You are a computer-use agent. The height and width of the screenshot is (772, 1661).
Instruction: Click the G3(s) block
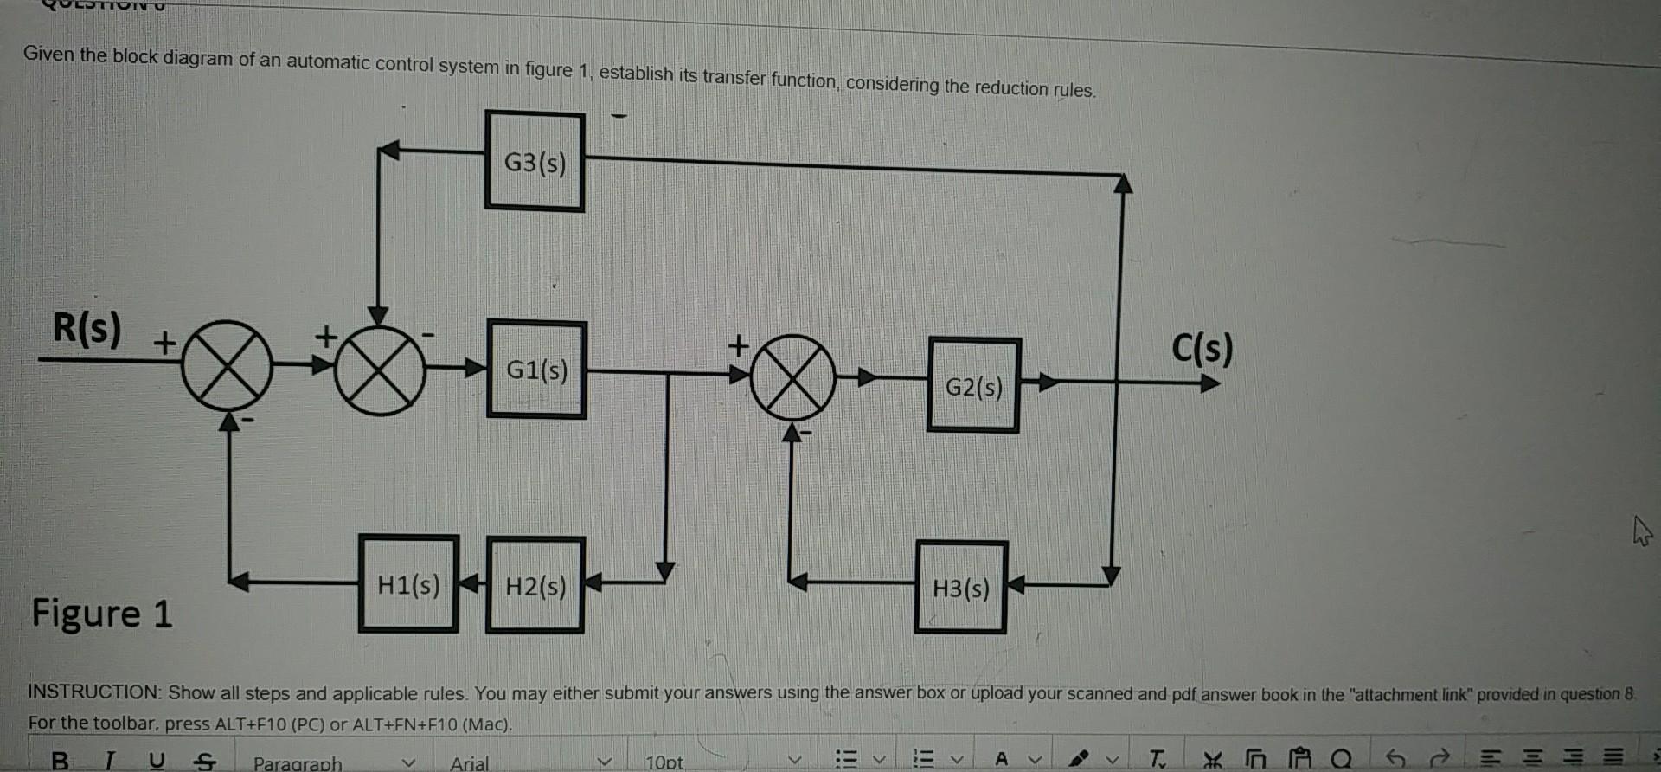pyautogui.click(x=535, y=161)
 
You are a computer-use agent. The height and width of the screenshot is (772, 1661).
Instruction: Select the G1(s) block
pyautogui.click(x=536, y=370)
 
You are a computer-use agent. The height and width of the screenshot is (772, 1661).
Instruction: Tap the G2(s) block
pyautogui.click(x=974, y=386)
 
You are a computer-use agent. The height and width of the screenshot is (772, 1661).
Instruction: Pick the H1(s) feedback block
pyautogui.click(x=408, y=585)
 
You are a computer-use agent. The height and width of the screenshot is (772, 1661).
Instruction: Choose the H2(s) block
pyautogui.click(x=535, y=586)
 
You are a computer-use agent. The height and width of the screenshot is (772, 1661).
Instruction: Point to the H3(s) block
pyautogui.click(x=961, y=589)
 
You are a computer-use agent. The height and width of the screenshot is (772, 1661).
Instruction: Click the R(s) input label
pyautogui.click(x=87, y=328)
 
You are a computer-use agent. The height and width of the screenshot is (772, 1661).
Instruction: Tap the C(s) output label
pyautogui.click(x=1202, y=348)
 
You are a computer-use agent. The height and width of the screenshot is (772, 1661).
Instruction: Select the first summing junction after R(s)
pyautogui.click(x=227, y=365)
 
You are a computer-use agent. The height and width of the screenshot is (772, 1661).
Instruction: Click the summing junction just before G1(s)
pyautogui.click(x=380, y=370)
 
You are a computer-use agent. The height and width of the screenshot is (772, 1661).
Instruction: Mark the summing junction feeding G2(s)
pyautogui.click(x=792, y=377)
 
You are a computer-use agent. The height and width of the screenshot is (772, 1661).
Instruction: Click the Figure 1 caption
pyautogui.click(x=102, y=614)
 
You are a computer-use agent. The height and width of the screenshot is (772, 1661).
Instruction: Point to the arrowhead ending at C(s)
pyautogui.click(x=1210, y=383)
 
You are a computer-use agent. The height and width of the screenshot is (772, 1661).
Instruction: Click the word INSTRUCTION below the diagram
pyautogui.click(x=93, y=692)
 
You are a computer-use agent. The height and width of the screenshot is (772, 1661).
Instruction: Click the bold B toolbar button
pyautogui.click(x=60, y=761)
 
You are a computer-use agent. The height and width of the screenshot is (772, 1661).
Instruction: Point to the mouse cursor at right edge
pyautogui.click(x=1641, y=531)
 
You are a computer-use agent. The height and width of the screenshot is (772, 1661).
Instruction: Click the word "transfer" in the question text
pyautogui.click(x=733, y=77)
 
